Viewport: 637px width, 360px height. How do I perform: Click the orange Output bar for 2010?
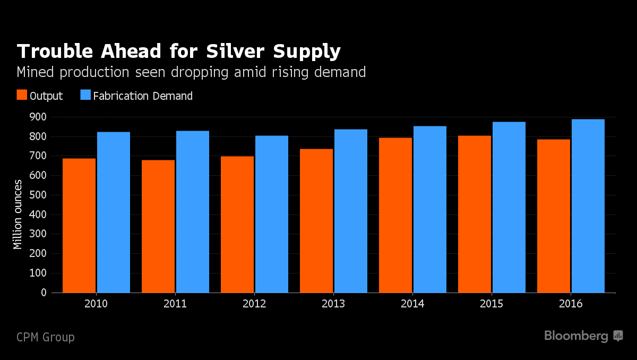pyautogui.click(x=79, y=226)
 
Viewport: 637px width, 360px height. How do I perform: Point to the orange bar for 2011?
pyautogui.click(x=158, y=226)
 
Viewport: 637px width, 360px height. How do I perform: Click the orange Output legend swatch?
pyautogui.click(x=22, y=96)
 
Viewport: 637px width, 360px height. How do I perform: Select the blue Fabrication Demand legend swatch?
pyautogui.click(x=85, y=96)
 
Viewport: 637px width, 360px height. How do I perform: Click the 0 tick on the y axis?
pyautogui.click(x=44, y=293)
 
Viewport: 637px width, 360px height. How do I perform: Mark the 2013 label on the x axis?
pyautogui.click(x=333, y=304)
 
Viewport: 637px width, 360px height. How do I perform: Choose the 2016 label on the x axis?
pyautogui.click(x=571, y=304)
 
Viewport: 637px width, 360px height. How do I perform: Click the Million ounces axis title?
pyautogui.click(x=18, y=215)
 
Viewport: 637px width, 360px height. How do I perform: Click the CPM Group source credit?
pyautogui.click(x=46, y=337)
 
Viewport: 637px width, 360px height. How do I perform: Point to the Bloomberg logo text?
pyautogui.click(x=576, y=336)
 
